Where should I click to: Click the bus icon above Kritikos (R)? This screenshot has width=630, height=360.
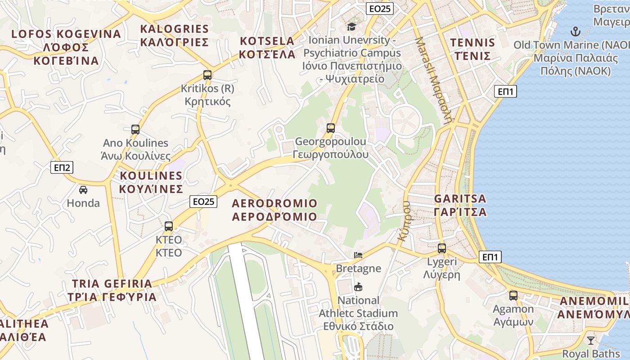click(x=207, y=75)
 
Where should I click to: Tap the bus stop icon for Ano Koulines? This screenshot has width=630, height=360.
click(x=135, y=130)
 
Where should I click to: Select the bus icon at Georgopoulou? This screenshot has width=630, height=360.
click(x=331, y=128)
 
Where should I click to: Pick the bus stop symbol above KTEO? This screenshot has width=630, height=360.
click(x=169, y=226)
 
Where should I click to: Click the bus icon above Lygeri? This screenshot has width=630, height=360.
click(x=442, y=248)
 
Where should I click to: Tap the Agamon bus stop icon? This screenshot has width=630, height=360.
click(x=513, y=296)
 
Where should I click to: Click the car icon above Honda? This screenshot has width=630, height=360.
click(x=83, y=190)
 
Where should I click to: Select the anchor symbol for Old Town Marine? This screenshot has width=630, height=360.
click(x=575, y=31)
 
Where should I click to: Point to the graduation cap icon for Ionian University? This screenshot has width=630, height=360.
click(x=351, y=27)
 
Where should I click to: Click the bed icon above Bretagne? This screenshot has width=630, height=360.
click(x=358, y=255)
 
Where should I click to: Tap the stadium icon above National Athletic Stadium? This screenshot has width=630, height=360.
click(x=358, y=287)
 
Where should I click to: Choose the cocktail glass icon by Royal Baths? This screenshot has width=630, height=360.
click(x=591, y=340)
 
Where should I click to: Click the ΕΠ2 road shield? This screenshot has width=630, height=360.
click(x=61, y=168)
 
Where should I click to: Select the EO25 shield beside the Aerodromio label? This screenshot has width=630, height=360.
click(x=204, y=202)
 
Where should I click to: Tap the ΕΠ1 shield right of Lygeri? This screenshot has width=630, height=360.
click(x=490, y=257)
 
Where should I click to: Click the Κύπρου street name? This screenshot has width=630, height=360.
click(x=404, y=221)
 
